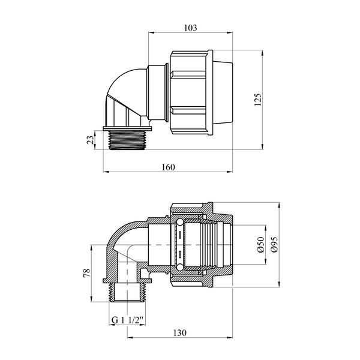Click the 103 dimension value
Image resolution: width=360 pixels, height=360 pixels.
pyautogui.click(x=191, y=28)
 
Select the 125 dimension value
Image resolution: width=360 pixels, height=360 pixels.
pyautogui.click(x=258, y=100)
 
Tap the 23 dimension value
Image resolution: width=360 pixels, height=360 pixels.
pyautogui.click(x=90, y=140)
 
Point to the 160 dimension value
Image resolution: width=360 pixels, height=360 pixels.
pyautogui.click(x=168, y=167)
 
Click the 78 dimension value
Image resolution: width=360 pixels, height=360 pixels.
pyautogui.click(x=87, y=273)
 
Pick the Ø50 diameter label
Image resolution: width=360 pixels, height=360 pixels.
pyautogui.click(x=261, y=245)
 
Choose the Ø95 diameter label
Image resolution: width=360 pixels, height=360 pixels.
pyautogui.click(x=274, y=245)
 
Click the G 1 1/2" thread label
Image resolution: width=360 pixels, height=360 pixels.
pyautogui.click(x=127, y=320)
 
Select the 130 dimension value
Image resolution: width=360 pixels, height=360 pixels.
pyautogui.click(x=180, y=332)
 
